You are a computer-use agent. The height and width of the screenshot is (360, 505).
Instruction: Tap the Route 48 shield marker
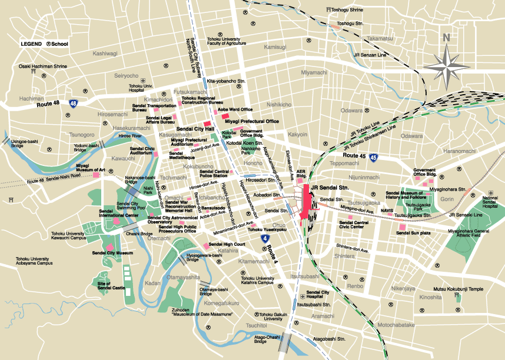pyautogui.click(x=73, y=104)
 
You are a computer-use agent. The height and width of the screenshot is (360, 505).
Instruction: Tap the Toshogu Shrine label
pyautogui.click(x=347, y=10)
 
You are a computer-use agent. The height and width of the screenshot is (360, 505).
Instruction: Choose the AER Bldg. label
pyautogui.click(x=302, y=173)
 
